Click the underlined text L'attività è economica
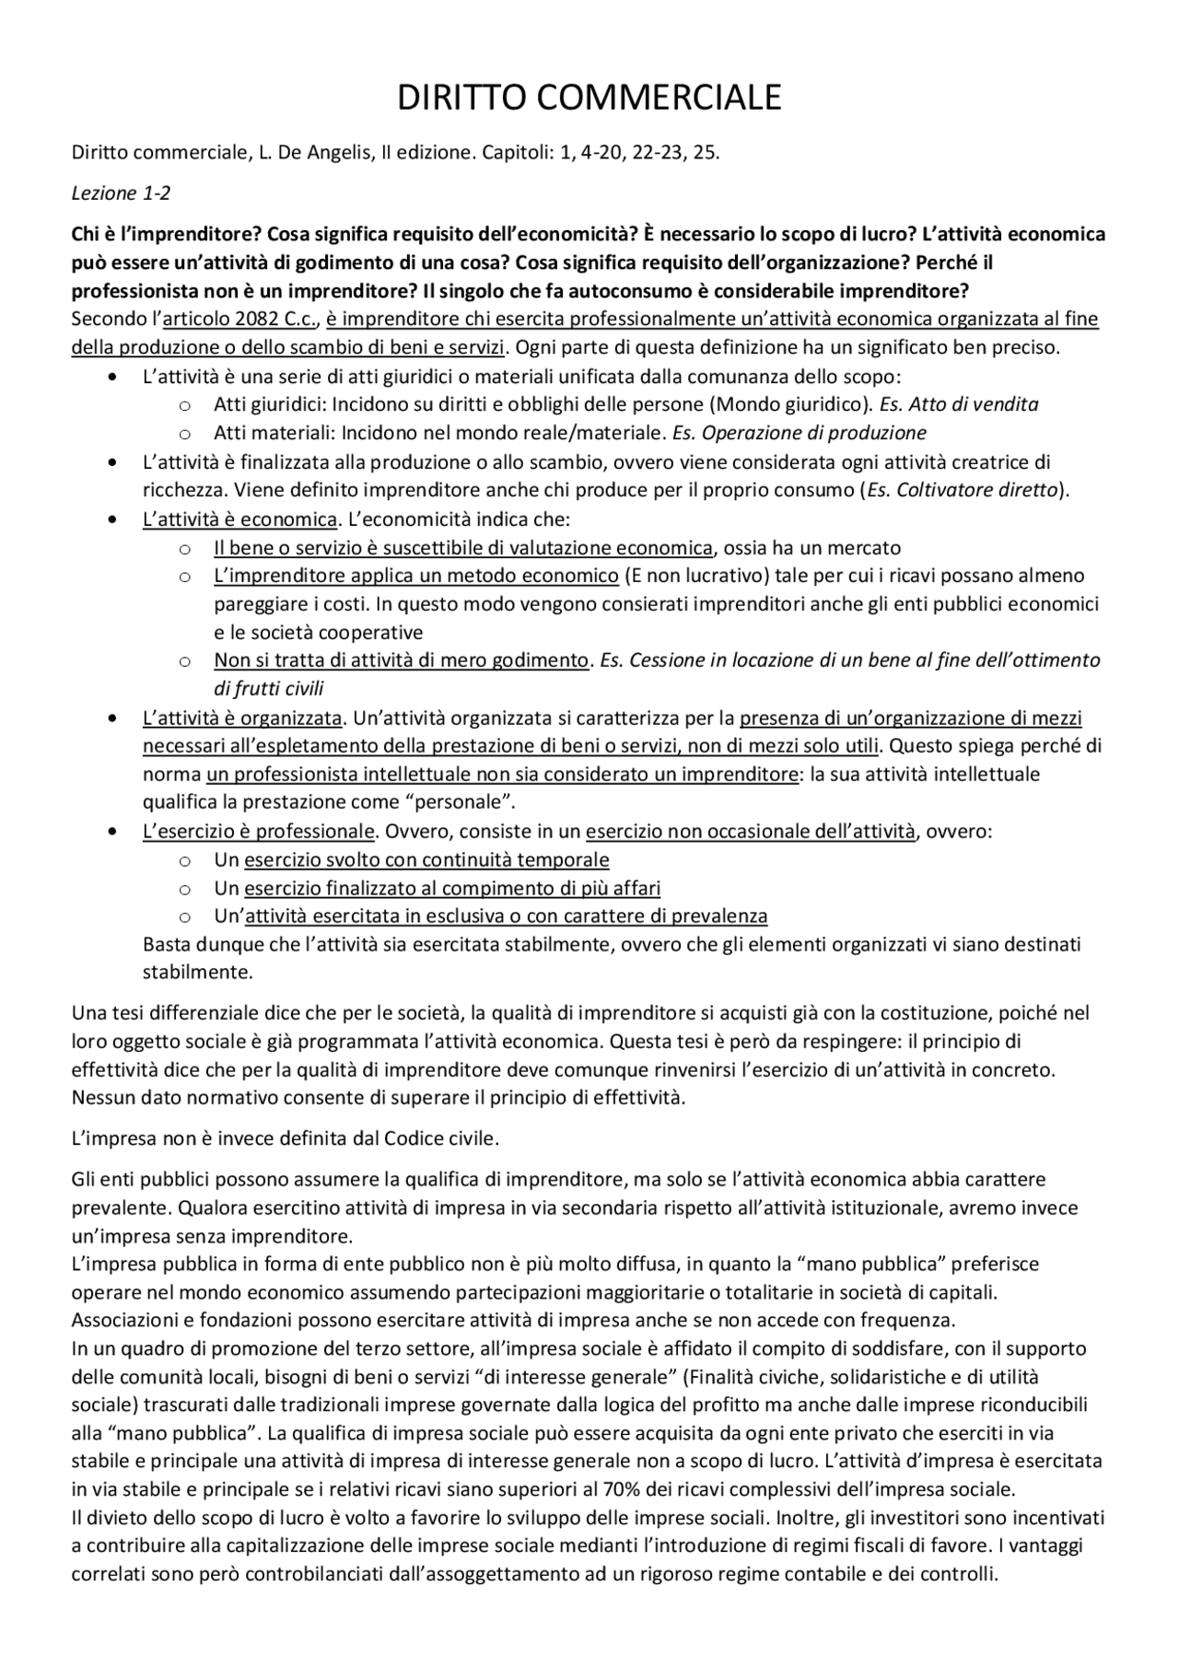(x=239, y=519)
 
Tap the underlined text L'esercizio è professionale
(x=258, y=832)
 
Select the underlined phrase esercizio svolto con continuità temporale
(x=426, y=860)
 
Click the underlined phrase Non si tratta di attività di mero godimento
(x=401, y=660)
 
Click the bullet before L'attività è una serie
(x=112, y=377)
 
